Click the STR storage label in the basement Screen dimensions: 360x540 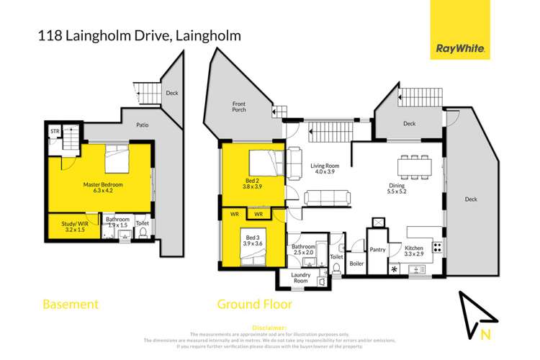55,131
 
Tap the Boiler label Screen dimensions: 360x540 356,263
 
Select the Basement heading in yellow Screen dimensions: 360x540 71,305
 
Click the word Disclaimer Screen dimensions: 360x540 270,326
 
